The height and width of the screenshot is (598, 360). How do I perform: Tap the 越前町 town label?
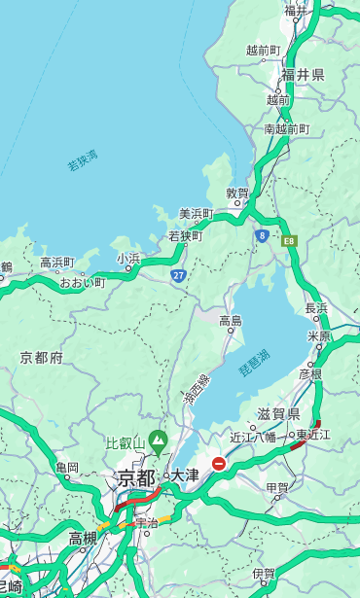[263, 51]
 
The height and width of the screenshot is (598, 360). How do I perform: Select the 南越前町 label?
[286, 128]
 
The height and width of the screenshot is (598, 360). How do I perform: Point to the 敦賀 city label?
[237, 193]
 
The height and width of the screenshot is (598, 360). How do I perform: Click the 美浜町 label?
[196, 214]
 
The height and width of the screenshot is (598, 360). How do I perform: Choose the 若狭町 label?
[185, 236]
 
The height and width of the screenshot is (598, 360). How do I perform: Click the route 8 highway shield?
[262, 235]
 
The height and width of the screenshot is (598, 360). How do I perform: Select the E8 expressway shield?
[289, 240]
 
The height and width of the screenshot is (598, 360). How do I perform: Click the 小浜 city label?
[128, 259]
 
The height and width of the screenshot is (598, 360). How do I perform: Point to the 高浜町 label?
[56, 263]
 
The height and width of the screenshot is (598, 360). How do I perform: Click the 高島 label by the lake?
[231, 320]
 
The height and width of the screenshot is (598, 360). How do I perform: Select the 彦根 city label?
[309, 373]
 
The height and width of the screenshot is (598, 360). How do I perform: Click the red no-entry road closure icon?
[219, 464]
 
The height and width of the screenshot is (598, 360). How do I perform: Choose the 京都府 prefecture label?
[42, 358]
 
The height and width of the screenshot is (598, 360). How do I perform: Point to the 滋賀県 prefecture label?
[277, 414]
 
